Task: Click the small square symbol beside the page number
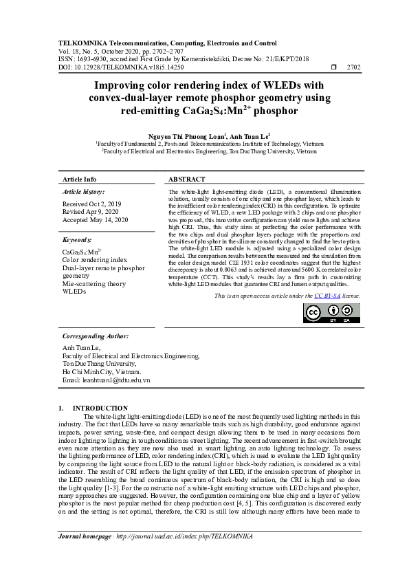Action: click(334, 67)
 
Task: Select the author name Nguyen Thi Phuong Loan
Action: click(185, 137)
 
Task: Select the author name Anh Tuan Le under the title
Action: click(250, 137)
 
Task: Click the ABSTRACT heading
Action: click(186, 179)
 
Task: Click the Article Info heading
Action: click(80, 179)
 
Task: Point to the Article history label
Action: click(83, 192)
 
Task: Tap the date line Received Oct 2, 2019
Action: click(91, 204)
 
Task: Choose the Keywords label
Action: click(77, 240)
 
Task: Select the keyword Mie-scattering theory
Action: click(94, 283)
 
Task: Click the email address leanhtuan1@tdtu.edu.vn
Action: click(106, 380)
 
